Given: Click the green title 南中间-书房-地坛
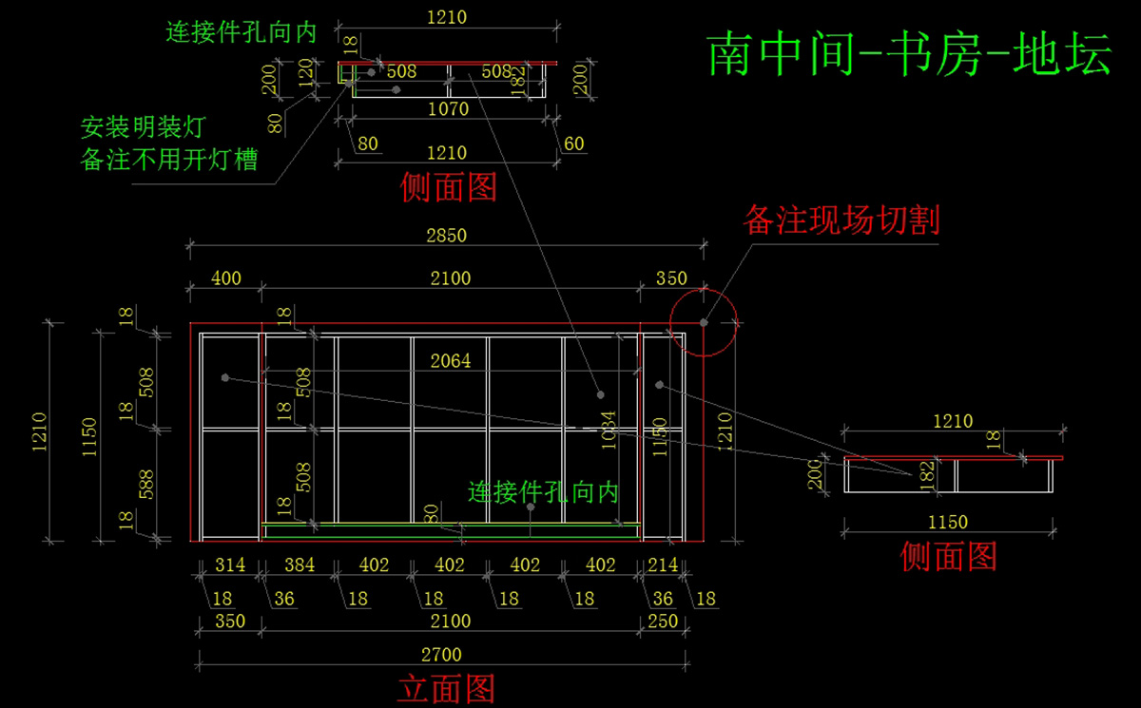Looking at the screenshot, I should coord(909,54).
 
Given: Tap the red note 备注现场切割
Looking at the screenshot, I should coord(841,220).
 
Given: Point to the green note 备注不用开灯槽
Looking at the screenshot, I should coord(169,159).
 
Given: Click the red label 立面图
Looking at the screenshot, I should coord(446,687).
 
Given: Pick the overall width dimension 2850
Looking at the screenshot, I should coord(446,235).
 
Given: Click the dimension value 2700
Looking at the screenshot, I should coord(440,655).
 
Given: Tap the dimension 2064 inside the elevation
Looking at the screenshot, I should coord(450,361).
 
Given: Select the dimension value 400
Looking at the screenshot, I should coord(225,278).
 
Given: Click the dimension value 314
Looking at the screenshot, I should coord(229,564).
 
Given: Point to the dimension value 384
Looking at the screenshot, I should coord(299,564).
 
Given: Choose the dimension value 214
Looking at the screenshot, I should coord(663,564).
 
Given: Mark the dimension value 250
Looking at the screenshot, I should coord(663,621).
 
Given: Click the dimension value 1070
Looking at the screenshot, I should coord(448,109).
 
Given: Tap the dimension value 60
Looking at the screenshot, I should coord(574,144).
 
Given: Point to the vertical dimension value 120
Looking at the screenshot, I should coord(304,70).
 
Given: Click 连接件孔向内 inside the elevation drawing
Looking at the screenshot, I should coord(543,491).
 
